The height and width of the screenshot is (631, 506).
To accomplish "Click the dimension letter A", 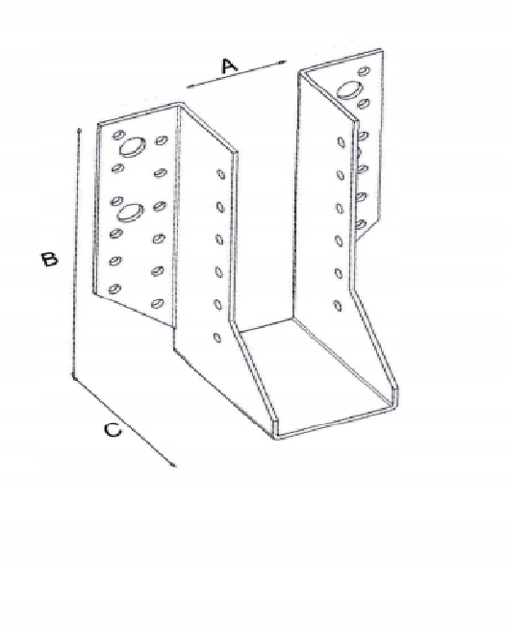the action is pos(230,65).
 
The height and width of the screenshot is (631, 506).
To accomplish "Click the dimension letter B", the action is pos(49,259).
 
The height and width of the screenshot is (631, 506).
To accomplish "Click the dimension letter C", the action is pos(113,430).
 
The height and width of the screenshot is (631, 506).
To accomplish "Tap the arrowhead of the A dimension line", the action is pos(282,62).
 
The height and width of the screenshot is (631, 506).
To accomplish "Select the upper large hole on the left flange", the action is pos(132,146).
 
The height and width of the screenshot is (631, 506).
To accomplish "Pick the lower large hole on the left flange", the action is pos(130,212).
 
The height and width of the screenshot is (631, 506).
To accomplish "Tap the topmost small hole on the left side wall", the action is pos(220,174).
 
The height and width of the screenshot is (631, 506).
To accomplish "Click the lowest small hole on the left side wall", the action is pos(217,338).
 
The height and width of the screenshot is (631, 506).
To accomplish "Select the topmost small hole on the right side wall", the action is pos(341,141).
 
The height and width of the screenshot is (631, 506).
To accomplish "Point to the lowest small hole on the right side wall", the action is pos(338,306).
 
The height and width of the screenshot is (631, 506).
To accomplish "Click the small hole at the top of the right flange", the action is pos(365,71).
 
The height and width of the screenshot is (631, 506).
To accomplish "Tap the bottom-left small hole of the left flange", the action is pos(114,289).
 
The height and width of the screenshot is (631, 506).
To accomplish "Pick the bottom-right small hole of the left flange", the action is pos(158,303).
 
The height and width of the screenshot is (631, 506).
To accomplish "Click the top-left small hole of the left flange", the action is pos(118,134).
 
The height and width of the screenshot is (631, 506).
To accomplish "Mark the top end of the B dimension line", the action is pos(79,130).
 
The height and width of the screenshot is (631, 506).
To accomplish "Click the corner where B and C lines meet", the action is pos(73,376).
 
